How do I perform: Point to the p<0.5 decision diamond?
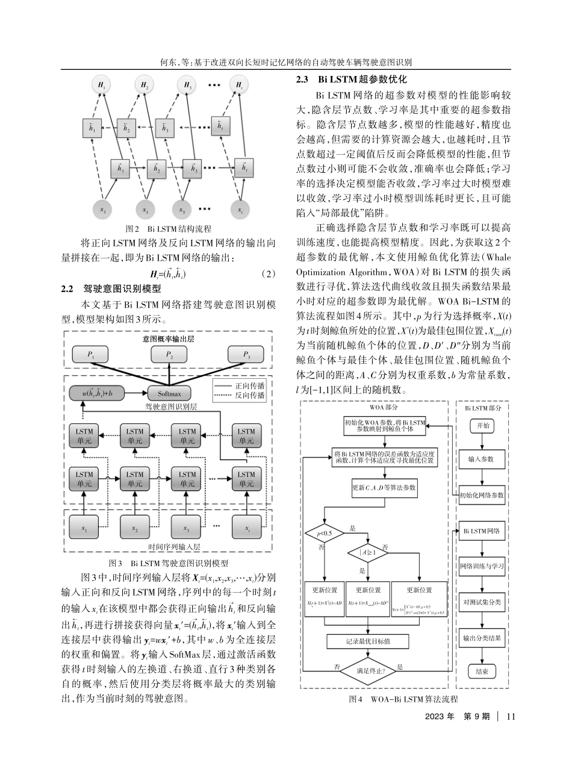[x=325, y=533]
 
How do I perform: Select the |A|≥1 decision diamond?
[x=368, y=552]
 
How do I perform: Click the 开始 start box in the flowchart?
[x=482, y=425]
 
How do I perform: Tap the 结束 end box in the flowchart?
[x=482, y=671]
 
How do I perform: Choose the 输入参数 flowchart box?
[x=482, y=458]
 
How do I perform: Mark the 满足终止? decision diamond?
[x=368, y=669]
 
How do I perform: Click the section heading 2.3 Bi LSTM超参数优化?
[x=352, y=80]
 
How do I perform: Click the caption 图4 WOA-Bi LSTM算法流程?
[x=403, y=699]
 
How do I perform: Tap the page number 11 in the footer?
[x=511, y=716]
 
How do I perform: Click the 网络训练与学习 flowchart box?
[x=482, y=566]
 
